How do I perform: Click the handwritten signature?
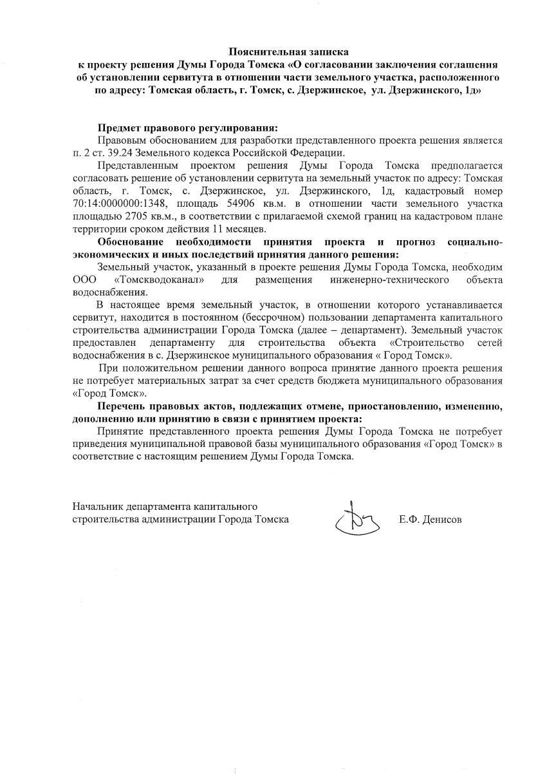357,517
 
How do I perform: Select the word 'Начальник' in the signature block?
98,506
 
